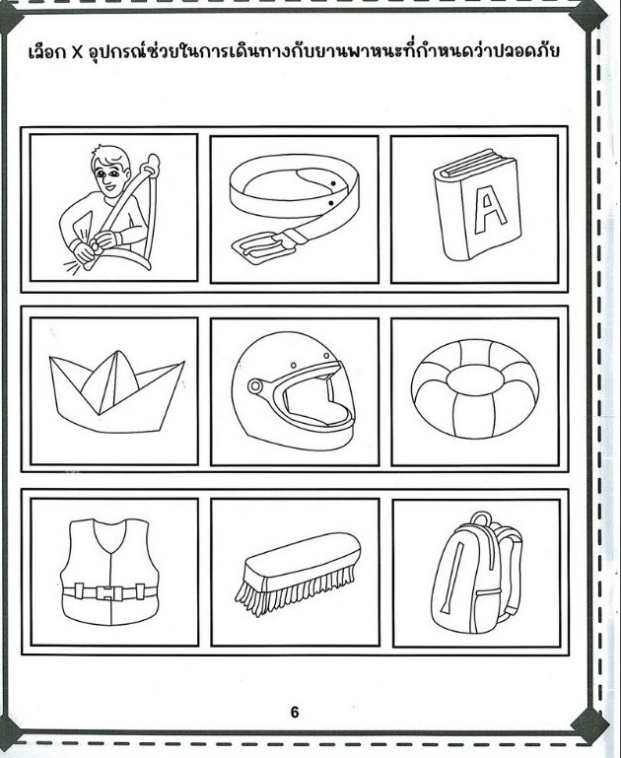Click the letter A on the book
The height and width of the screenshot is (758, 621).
pyautogui.click(x=490, y=209)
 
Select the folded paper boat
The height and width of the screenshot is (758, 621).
pyautogui.click(x=116, y=390)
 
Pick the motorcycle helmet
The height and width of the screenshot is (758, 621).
pyautogui.click(x=293, y=390)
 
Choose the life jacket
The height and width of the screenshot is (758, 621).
pyautogui.click(x=109, y=572)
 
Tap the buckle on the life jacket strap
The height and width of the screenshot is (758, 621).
pyautogui.click(x=109, y=592)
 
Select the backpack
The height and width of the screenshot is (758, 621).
pyautogui.click(x=476, y=574)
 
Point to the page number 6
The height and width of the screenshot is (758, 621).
pyautogui.click(x=295, y=712)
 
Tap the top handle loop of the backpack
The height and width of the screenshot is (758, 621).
pyautogui.click(x=480, y=519)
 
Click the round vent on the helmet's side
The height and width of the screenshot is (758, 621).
pyautogui.click(x=254, y=385)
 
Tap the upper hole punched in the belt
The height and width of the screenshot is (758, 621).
pyautogui.click(x=333, y=183)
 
